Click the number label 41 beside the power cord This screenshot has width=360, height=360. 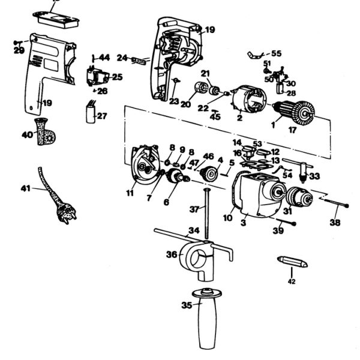(x=25, y=188)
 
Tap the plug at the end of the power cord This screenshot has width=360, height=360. (x=67, y=212)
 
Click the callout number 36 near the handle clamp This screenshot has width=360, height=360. (x=171, y=254)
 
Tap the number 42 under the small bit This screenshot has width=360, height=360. (x=292, y=281)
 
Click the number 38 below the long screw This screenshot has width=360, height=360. (x=335, y=223)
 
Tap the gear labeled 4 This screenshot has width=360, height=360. (x=211, y=173)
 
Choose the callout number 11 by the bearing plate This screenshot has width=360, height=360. (x=130, y=193)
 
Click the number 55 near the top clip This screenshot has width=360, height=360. (x=276, y=53)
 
